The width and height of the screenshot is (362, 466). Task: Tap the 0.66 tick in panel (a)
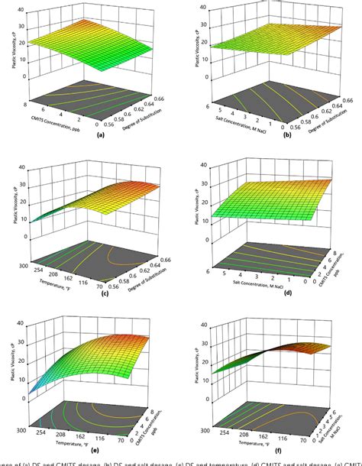click(x=160, y=99)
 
